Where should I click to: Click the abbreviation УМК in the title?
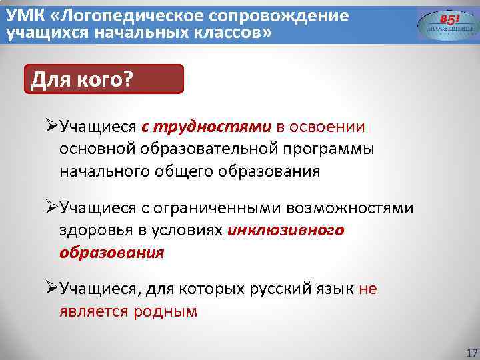21,15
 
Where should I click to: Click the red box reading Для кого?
103,79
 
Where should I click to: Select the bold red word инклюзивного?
286,231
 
